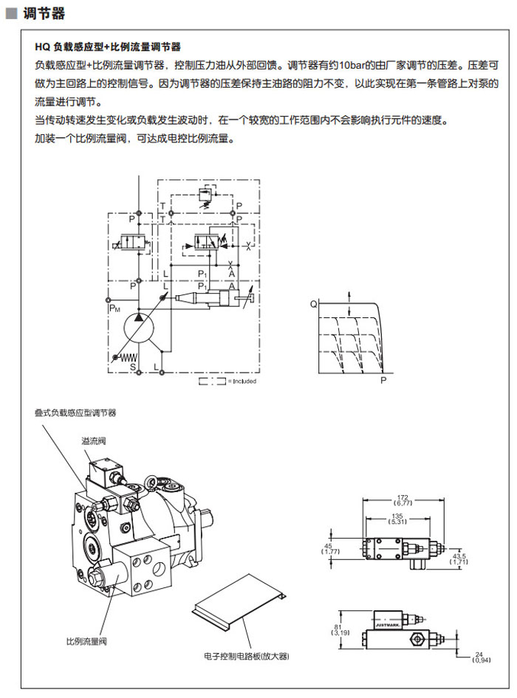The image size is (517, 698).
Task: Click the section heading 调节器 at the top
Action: coord(44,14)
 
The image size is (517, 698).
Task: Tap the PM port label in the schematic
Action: coord(114,309)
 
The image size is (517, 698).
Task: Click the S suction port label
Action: coord(134,366)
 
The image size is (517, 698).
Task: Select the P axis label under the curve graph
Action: coord(383,381)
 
